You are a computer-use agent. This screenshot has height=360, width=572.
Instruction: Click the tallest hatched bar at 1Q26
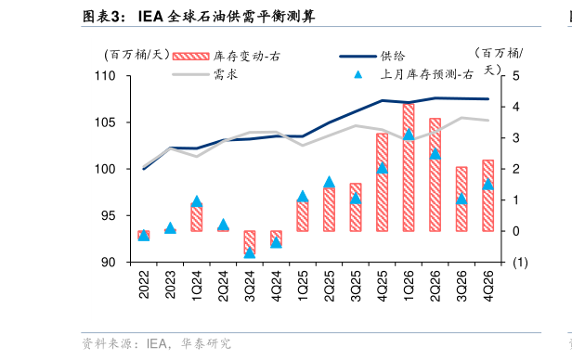[408, 167]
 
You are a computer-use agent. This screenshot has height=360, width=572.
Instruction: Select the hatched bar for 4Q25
[382, 182]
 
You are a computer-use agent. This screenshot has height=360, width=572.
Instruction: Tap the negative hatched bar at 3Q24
[250, 242]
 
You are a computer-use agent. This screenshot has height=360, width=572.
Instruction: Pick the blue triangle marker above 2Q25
[329, 182]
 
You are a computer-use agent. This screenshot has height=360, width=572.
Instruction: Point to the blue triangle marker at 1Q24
[197, 201]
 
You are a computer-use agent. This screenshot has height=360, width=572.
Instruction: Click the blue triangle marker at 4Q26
[487, 185]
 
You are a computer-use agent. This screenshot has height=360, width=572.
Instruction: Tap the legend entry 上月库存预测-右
[426, 74]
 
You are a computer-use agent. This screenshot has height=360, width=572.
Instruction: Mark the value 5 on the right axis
[516, 76]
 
